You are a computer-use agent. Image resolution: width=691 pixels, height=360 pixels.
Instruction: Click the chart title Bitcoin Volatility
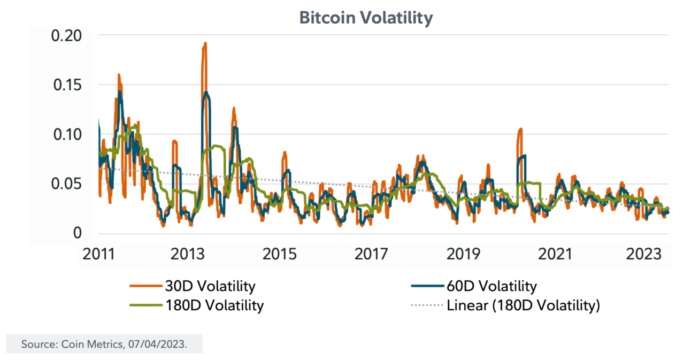[365, 18]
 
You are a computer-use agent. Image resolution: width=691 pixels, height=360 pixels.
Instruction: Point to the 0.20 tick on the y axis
[66, 36]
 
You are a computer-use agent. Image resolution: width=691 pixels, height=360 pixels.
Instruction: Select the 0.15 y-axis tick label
[66, 85]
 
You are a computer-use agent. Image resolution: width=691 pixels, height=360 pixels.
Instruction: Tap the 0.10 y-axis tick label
[66, 134]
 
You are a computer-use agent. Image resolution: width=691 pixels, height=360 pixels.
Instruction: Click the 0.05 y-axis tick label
[66, 184]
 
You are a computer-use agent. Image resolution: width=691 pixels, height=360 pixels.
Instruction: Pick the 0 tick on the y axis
[78, 233]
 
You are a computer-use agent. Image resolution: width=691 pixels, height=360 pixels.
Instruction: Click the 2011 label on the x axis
[99, 255]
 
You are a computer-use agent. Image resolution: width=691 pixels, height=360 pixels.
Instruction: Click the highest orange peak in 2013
[205, 44]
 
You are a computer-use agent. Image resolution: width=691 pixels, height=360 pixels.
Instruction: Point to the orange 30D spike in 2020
[519, 129]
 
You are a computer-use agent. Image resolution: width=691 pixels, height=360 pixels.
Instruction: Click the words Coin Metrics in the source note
[86, 344]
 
